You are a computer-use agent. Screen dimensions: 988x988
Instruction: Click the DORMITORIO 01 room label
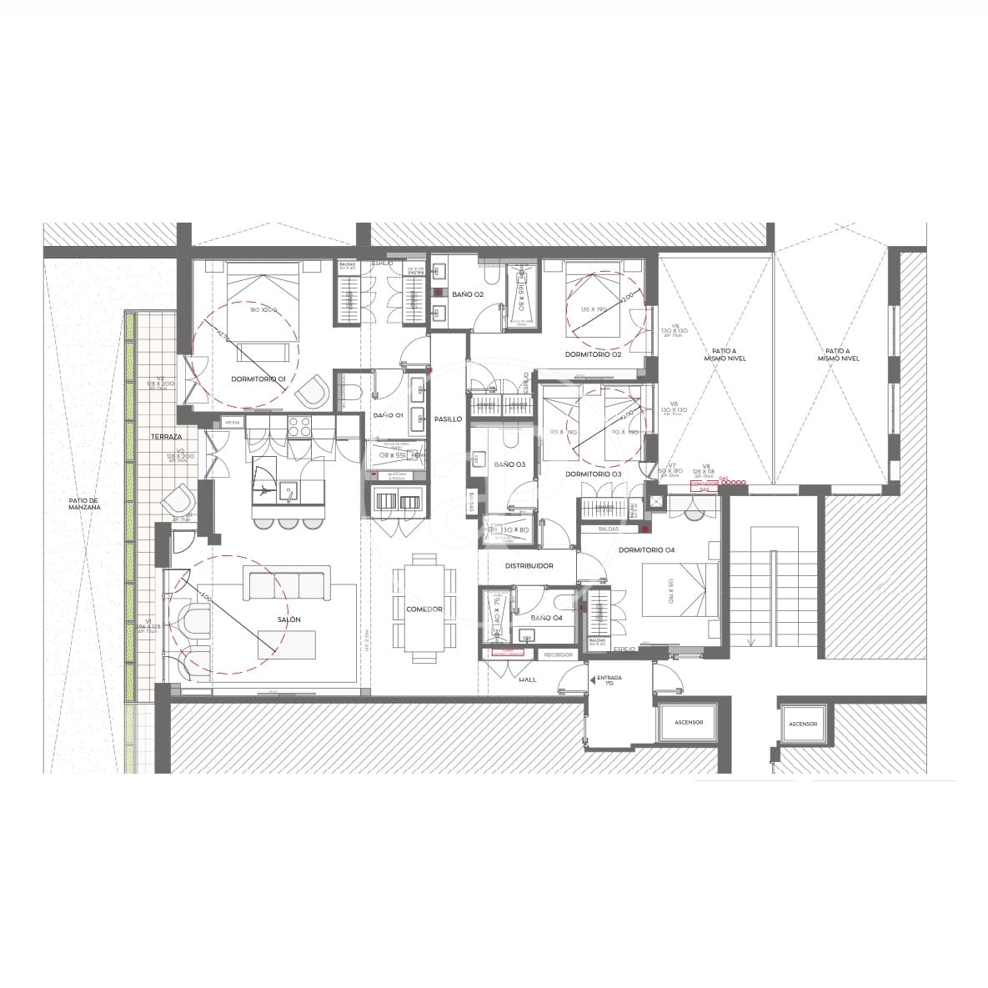click(258, 379)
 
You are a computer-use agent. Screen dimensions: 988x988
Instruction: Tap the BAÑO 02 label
click(468, 294)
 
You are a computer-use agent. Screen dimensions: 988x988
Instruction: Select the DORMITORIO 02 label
click(593, 354)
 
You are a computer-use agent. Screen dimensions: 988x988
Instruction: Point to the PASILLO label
click(448, 419)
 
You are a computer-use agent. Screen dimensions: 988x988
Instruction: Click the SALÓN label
click(288, 619)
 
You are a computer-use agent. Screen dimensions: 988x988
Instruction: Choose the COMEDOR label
click(424, 609)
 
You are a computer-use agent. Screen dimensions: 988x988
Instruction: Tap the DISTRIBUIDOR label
click(529, 566)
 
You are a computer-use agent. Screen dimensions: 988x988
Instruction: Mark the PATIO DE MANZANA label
click(84, 504)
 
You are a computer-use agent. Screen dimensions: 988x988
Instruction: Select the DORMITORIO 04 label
click(646, 549)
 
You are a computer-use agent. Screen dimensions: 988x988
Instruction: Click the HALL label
click(527, 680)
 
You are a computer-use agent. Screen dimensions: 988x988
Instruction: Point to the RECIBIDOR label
click(558, 654)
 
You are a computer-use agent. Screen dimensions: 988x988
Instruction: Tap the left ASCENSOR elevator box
click(688, 723)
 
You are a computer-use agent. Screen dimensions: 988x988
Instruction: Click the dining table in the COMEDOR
click(424, 609)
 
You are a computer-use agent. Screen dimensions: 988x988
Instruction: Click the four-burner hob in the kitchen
click(298, 427)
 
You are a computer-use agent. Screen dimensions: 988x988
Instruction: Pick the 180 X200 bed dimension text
click(263, 310)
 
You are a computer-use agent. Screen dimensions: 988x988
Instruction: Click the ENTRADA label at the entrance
click(609, 679)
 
